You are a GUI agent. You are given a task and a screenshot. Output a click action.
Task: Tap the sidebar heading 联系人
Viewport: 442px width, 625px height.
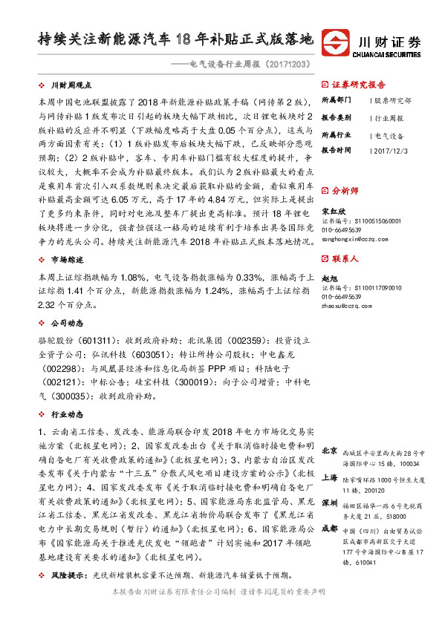pos(345,259)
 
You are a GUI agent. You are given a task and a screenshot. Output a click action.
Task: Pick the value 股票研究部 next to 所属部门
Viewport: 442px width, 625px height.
pos(392,100)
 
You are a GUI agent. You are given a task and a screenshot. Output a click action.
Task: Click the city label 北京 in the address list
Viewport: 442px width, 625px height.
pos(330,451)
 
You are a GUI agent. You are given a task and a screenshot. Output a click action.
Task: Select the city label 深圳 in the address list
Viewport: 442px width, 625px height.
pos(330,502)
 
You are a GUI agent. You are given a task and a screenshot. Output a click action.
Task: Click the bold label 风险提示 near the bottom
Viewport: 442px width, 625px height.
pos(71,576)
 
